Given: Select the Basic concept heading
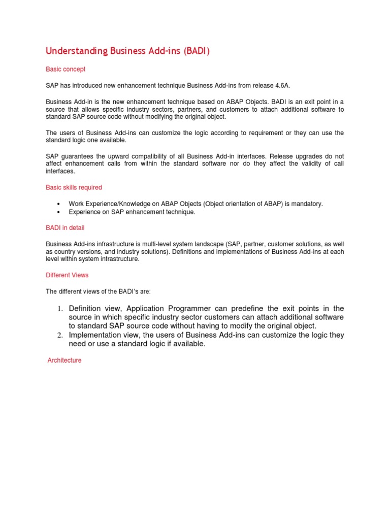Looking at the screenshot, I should coord(66,69).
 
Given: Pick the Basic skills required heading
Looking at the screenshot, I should coord(74,187).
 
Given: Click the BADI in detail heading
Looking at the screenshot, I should coord(65,227).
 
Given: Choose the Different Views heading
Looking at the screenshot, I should coord(67,275).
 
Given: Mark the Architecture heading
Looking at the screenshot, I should coord(64,361).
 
